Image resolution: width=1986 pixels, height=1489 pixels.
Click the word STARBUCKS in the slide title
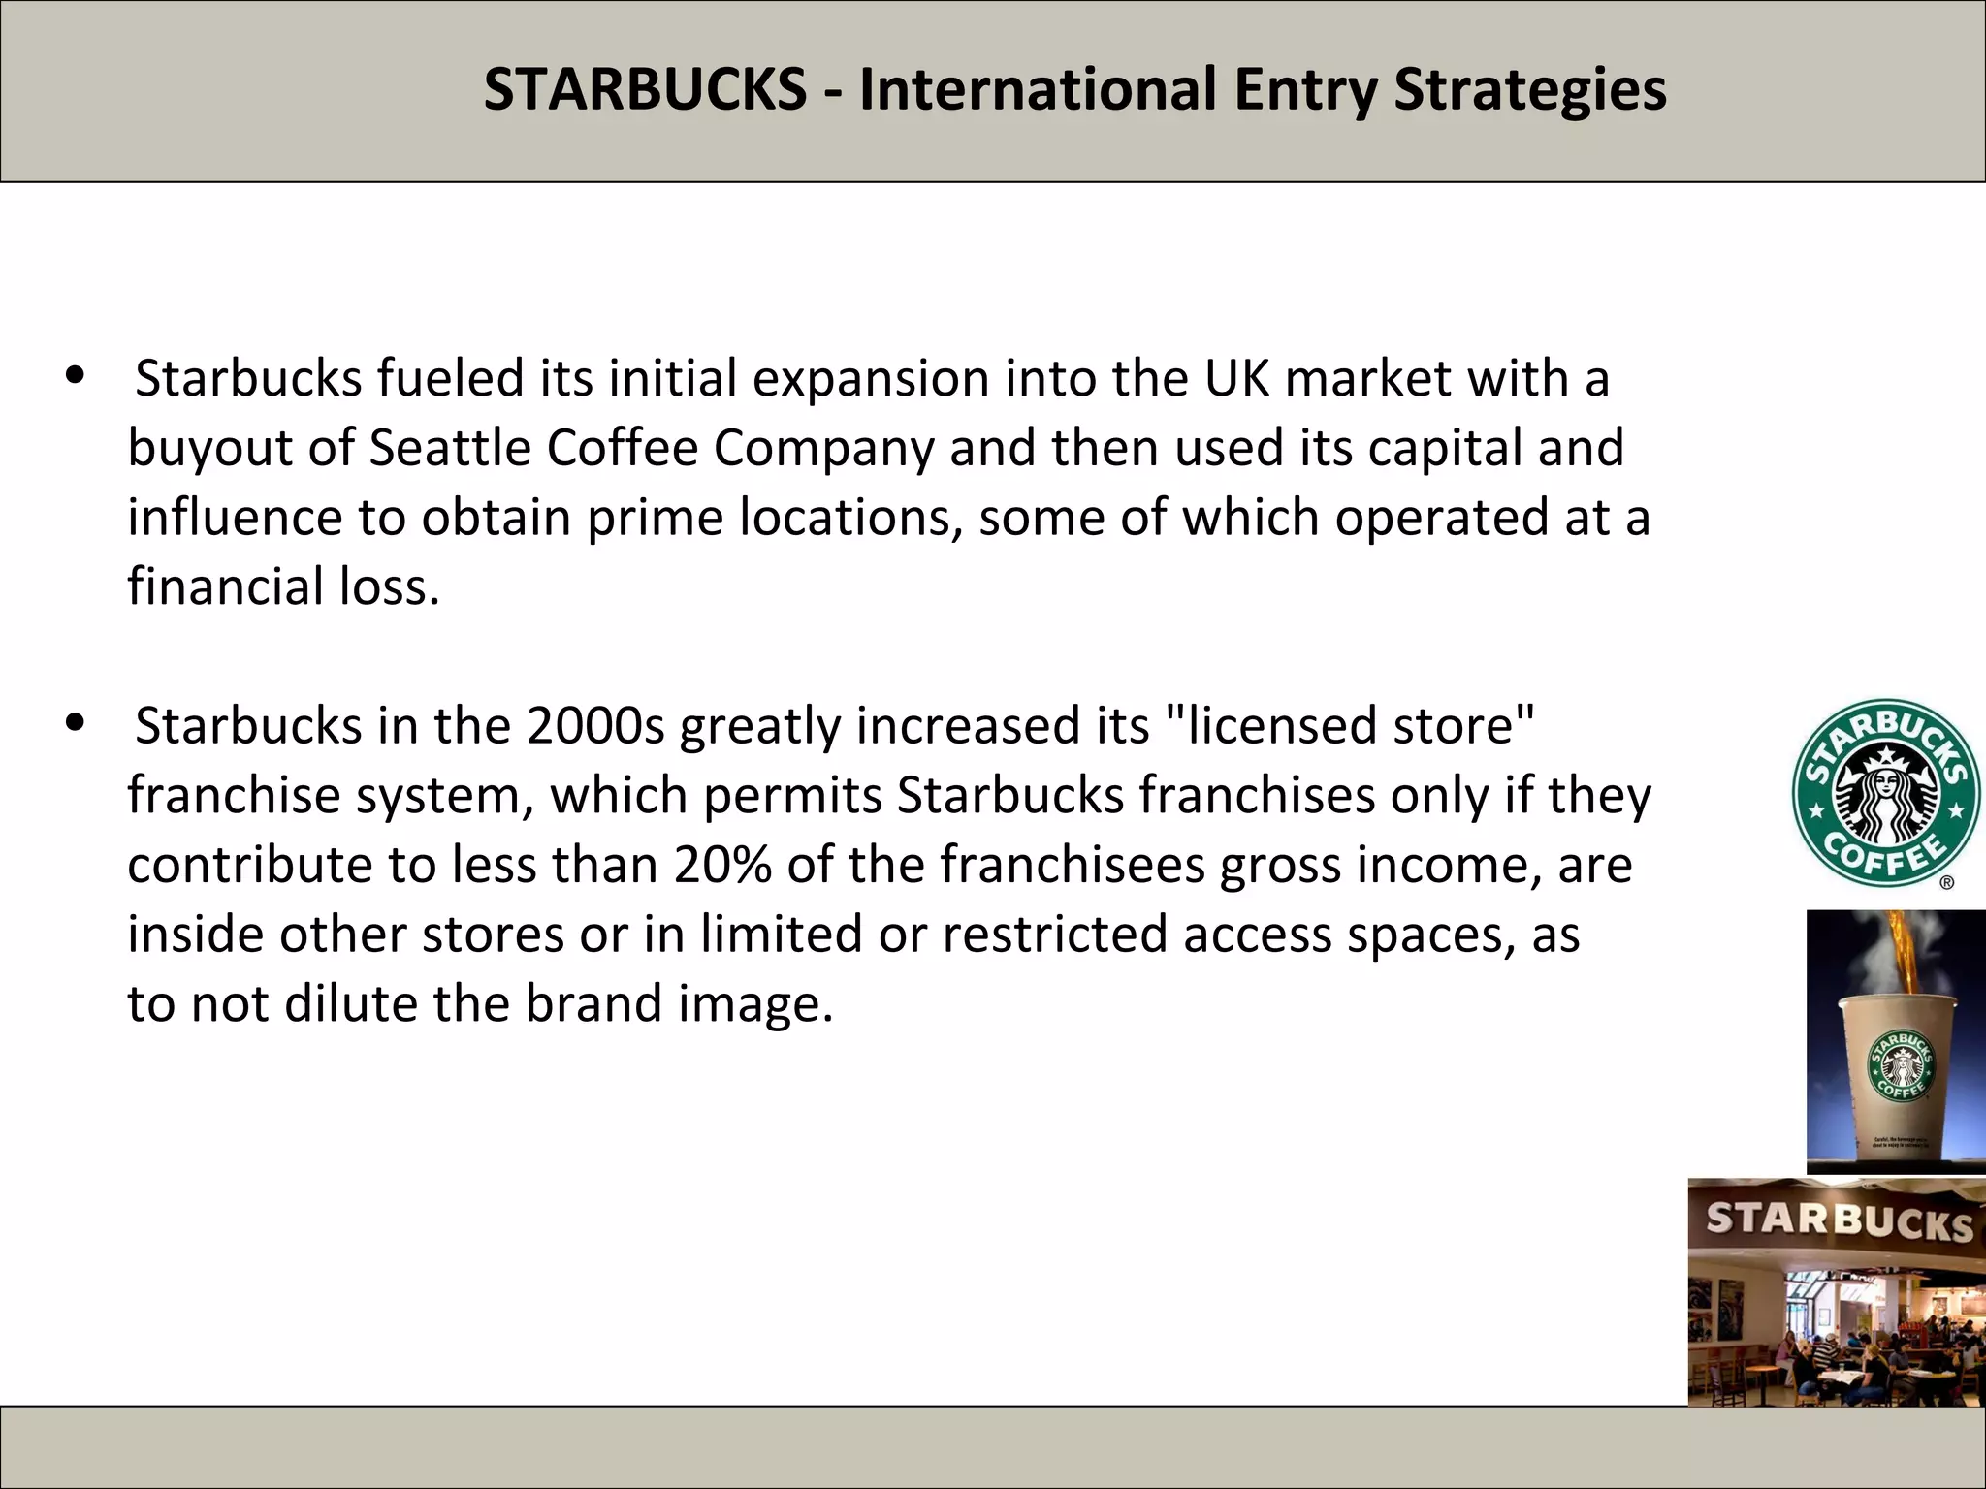(645, 89)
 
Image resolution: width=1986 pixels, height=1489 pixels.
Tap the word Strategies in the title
(1530, 89)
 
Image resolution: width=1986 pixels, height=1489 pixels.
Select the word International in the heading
(1037, 89)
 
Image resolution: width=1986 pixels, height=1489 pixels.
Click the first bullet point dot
(75, 377)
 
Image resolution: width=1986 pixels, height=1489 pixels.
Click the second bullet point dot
(75, 723)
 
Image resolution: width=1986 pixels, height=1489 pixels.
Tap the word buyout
(209, 449)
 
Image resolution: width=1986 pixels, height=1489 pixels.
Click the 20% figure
(722, 865)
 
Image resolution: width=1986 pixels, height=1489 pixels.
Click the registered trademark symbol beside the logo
(1946, 882)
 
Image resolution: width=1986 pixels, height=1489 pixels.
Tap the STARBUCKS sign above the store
(1839, 1220)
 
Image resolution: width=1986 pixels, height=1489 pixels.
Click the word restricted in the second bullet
(1054, 935)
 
